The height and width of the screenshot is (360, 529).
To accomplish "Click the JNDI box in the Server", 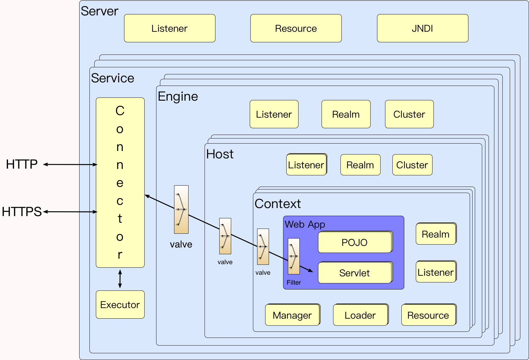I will tap(422, 28).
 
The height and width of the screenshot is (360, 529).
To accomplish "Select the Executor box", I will tap(120, 305).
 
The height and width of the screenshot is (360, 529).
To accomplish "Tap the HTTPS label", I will tap(22, 212).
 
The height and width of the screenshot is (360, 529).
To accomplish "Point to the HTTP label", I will tap(22, 164).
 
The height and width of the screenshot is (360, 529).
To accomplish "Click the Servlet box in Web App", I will tap(355, 273).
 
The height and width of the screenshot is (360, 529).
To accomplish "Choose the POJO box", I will tap(355, 242).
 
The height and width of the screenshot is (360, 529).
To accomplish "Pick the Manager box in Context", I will tap(292, 315).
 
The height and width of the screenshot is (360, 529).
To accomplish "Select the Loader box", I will tap(360, 315).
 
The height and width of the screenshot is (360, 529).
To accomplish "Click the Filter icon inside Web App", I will tap(294, 256).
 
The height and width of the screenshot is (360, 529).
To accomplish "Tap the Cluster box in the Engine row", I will tap(409, 114).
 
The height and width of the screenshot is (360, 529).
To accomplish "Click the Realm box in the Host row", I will tap(360, 165).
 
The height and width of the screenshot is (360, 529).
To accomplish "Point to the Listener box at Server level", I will tap(170, 28).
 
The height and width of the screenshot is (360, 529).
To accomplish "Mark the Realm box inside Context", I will tap(436, 234).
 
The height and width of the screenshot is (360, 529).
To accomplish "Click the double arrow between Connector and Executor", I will tap(120, 279).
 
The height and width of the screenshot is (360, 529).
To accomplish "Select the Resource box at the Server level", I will tap(296, 28).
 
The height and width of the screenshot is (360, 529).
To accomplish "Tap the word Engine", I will tap(178, 96).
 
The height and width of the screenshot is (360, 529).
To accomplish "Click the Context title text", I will tap(278, 204).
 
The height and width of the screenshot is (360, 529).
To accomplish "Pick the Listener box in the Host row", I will tap(306, 165).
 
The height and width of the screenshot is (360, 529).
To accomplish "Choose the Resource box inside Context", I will tap(428, 315).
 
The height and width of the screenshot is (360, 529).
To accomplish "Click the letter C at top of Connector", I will tap(120, 111).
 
